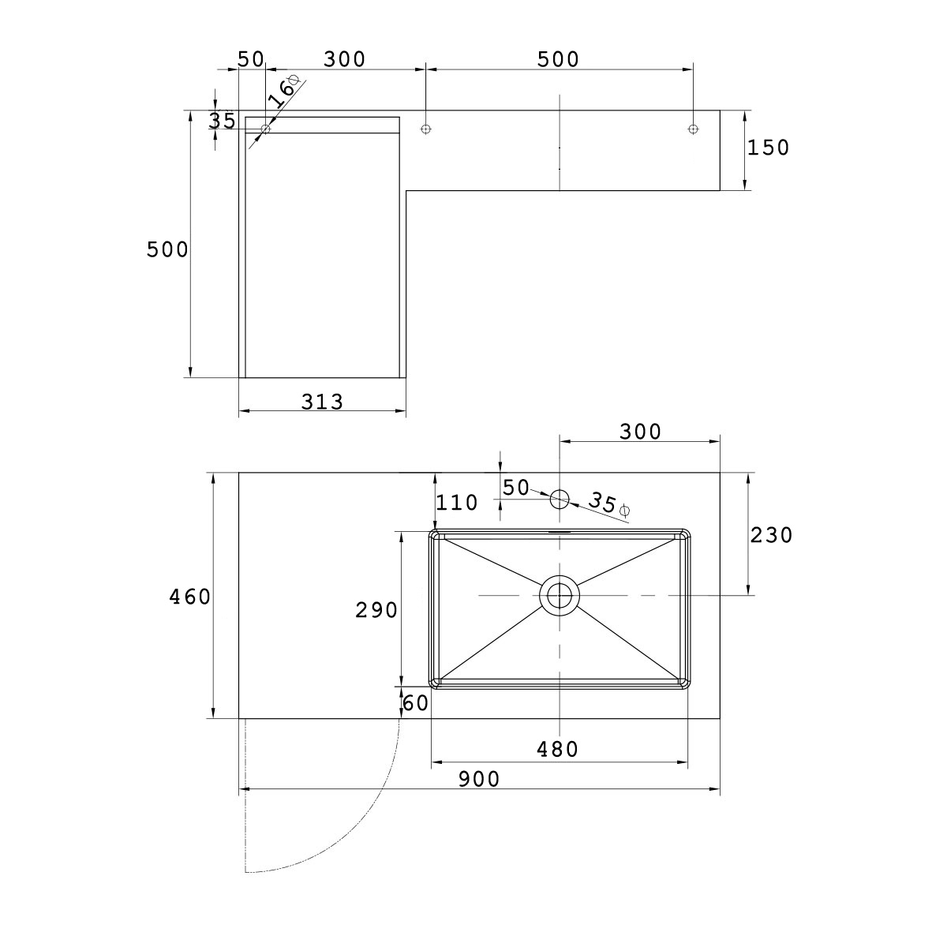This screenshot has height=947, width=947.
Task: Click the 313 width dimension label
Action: [322, 402]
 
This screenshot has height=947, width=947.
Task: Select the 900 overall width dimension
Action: [479, 779]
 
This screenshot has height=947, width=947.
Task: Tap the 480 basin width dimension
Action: [557, 750]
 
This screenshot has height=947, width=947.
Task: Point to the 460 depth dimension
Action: [189, 597]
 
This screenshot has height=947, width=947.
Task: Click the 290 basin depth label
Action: [376, 610]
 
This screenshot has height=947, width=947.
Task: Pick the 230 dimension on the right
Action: [771, 535]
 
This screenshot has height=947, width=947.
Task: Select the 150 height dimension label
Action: [768, 148]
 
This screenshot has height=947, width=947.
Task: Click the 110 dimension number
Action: [457, 502]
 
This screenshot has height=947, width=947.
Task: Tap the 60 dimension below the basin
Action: [416, 703]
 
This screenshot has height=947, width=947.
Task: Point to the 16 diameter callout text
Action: [285, 92]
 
